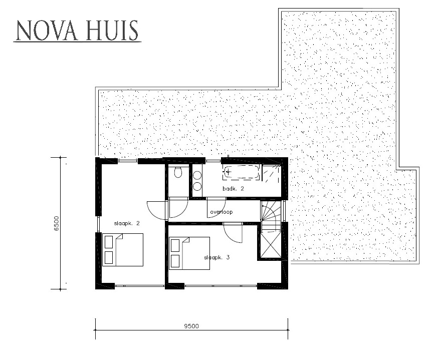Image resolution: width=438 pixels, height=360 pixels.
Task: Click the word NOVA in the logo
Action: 44,31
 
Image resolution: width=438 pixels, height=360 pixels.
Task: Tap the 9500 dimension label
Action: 191,326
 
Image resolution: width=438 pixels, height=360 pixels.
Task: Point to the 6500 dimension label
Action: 57,223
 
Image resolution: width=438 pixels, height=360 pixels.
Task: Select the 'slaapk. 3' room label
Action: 216,257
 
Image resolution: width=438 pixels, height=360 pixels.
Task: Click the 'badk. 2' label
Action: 233,189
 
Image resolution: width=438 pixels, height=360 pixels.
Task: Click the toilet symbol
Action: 178,173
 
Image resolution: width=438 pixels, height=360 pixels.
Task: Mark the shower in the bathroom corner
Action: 272,173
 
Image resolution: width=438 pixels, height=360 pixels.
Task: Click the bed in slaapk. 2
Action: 123,249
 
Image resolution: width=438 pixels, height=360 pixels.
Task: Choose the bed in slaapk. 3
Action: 189,253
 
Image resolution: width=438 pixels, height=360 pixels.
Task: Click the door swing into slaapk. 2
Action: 156,209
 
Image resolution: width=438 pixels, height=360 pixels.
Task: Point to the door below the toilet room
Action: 178,206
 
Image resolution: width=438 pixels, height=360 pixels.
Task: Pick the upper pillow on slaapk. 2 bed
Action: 109,242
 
